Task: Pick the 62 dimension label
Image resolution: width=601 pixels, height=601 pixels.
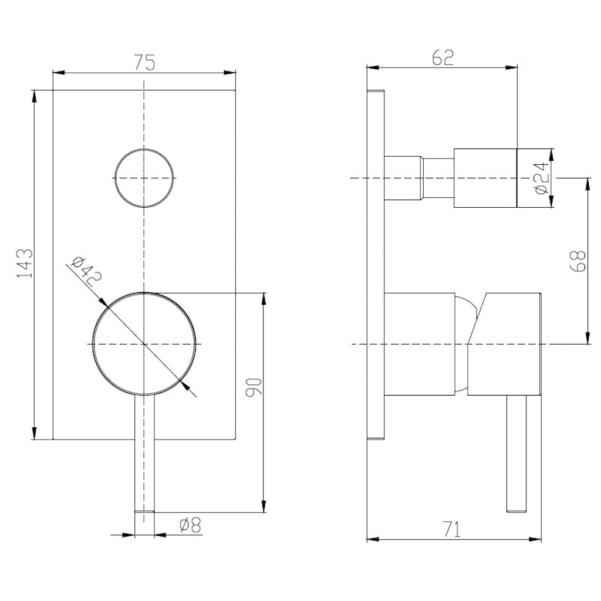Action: [x=443, y=58]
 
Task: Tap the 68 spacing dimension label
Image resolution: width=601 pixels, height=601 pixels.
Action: [x=578, y=261]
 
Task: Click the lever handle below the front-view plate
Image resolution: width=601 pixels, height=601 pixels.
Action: [x=144, y=458]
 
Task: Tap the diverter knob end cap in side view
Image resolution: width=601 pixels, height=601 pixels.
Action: [x=534, y=178]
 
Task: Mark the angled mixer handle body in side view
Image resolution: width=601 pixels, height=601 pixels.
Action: [x=505, y=343]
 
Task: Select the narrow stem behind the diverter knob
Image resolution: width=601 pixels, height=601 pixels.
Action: [x=438, y=178]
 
